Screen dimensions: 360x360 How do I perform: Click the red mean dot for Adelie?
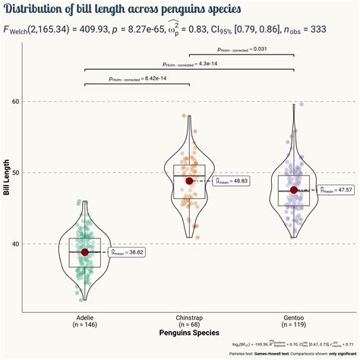tap(85, 252)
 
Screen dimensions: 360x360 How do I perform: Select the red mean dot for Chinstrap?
tap(189, 181)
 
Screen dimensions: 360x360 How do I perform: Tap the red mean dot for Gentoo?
tap(294, 190)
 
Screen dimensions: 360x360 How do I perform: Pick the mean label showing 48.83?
tap(230, 182)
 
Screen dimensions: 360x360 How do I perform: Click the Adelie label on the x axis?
tap(85, 316)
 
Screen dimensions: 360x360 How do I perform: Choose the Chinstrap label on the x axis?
tap(189, 316)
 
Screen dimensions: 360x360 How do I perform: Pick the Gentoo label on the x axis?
tap(294, 316)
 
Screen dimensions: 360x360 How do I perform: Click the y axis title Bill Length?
tap(6, 177)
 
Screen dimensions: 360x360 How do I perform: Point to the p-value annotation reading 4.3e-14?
tap(189, 64)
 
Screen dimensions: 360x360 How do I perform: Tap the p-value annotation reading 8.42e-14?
tap(137, 78)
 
